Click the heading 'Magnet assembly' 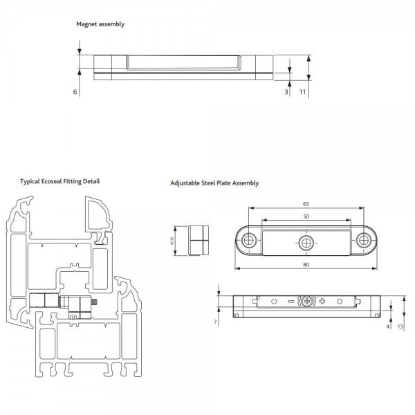tap(100, 24)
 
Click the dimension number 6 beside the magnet tap(74, 91)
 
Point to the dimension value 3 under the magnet tap(286, 91)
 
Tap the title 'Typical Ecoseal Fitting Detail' tap(59, 181)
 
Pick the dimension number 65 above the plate tap(306, 205)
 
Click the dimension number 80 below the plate tap(306, 264)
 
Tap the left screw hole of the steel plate tap(249, 241)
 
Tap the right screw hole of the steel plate tap(365, 241)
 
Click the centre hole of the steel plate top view tap(306, 241)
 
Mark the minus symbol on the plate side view tap(290, 302)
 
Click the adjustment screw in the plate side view tap(306, 302)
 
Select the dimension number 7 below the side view tap(216, 322)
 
